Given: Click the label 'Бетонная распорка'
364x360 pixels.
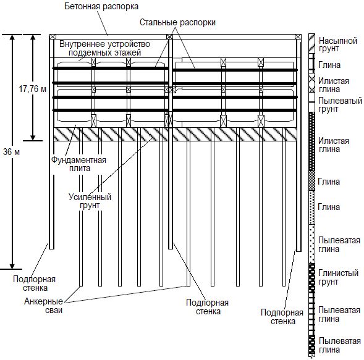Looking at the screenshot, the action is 101,6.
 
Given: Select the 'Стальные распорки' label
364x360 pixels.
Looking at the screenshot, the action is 177,22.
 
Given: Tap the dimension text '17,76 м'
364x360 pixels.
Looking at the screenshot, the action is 33,89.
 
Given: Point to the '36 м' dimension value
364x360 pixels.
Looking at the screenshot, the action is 11,152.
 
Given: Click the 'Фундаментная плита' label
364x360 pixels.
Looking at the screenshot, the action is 78,164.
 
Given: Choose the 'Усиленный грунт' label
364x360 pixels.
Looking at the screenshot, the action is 90,201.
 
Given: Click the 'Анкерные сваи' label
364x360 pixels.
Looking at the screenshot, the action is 44,306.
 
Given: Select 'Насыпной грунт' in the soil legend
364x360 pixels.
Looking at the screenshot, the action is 338,44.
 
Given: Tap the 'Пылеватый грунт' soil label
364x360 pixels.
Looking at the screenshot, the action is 340,104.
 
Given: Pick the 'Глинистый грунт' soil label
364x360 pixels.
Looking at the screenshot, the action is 338,277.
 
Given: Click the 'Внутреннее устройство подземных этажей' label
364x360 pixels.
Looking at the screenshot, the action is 104,48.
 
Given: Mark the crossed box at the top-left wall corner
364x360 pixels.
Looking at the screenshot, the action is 53,36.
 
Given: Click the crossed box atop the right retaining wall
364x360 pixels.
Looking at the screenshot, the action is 298,36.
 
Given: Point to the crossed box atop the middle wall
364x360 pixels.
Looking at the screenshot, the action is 169,36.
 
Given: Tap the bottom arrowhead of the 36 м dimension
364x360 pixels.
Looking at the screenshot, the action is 12,267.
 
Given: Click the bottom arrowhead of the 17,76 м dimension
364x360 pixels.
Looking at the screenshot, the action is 33,138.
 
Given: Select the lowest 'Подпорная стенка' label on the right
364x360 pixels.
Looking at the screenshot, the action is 282,317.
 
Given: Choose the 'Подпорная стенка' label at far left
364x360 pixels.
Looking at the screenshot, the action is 35,283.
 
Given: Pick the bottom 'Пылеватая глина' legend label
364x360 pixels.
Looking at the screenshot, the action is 340,345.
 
